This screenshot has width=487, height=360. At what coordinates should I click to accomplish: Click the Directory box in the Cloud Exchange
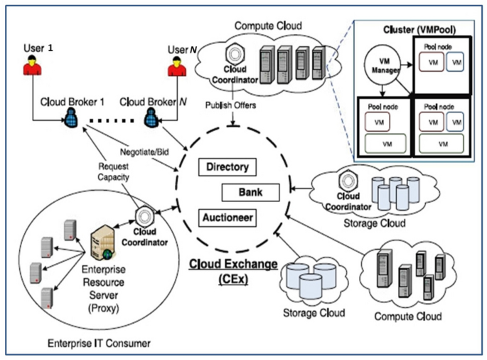228,168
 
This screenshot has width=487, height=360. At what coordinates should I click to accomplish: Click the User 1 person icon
30,69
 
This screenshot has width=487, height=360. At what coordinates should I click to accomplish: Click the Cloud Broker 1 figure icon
72,117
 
